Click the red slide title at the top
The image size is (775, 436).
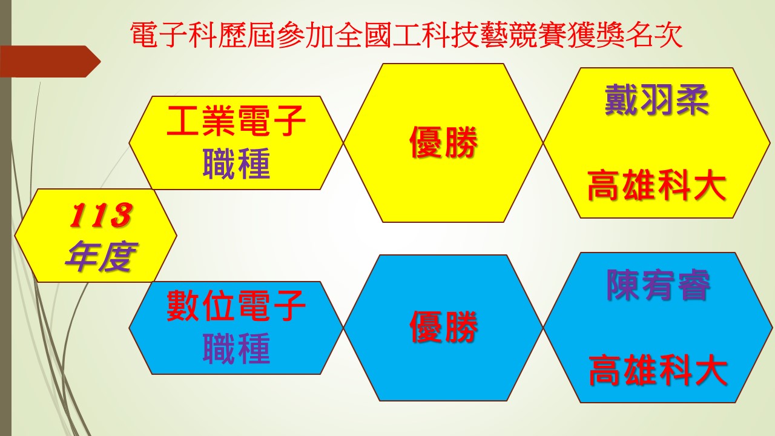coord(406,35)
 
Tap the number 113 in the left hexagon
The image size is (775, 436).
coord(101,215)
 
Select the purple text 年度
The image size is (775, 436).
coord(101,256)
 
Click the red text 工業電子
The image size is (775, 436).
coord(236,121)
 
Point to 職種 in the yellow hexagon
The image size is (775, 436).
coord(236,163)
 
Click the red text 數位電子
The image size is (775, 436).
coord(236,306)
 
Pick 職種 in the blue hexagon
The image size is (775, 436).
coord(236,348)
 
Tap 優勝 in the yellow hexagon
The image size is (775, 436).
coord(443,142)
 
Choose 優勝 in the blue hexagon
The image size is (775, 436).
coord(443,327)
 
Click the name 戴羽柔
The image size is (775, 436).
coord(657,100)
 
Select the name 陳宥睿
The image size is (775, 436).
coord(658,285)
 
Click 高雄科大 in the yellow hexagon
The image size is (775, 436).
coord(656,185)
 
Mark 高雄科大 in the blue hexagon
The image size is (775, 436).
coord(658,370)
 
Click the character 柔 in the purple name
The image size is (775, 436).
coord(691,100)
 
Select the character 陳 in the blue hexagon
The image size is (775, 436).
coord(623,285)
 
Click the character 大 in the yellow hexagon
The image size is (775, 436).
coord(709,185)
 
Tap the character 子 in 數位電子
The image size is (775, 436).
coord(289,306)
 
